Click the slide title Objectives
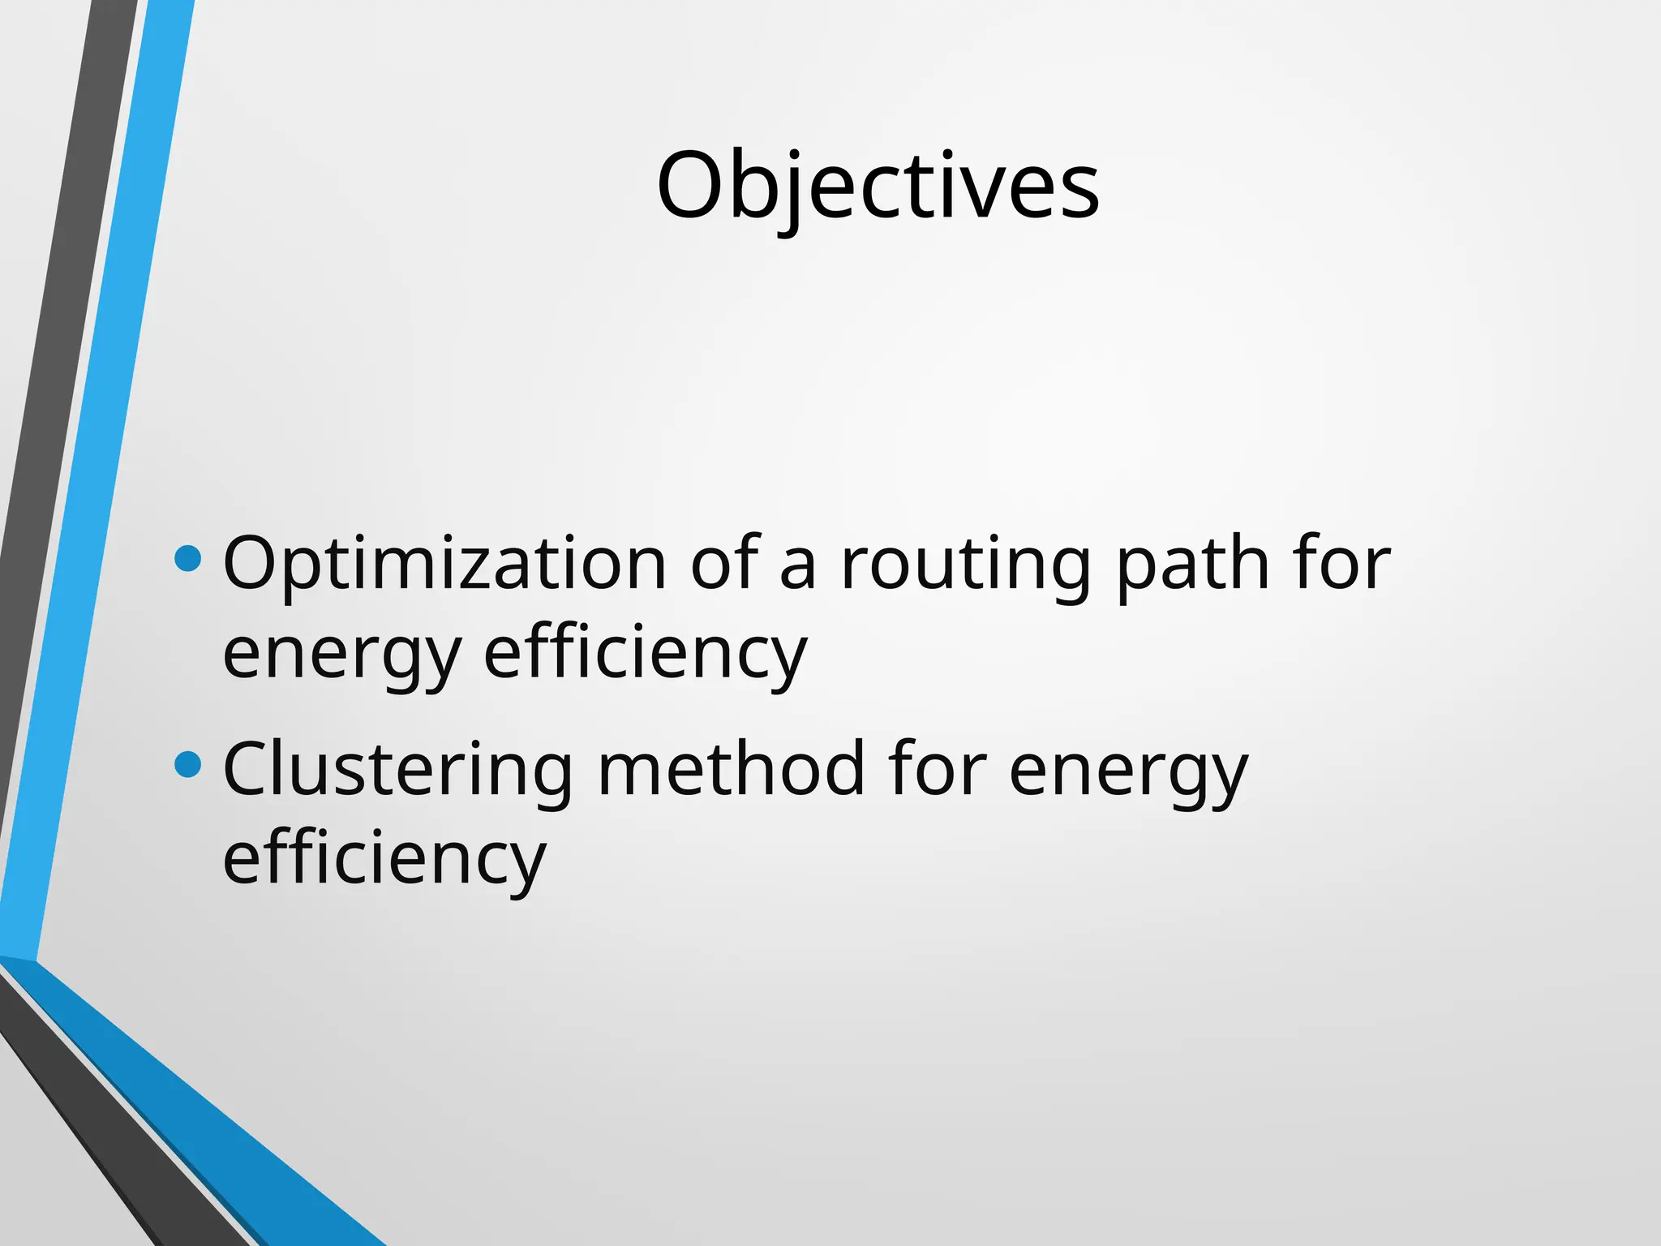pos(878,187)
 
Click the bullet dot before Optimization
pos(187,558)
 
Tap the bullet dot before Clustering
pos(187,763)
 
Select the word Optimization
pos(444,565)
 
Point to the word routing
pos(966,565)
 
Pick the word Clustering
pos(397,770)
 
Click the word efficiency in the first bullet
pos(645,654)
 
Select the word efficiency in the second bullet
pos(384,859)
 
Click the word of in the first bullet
pos(724,564)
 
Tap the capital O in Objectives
pos(692,187)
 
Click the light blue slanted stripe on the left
pos(97,487)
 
